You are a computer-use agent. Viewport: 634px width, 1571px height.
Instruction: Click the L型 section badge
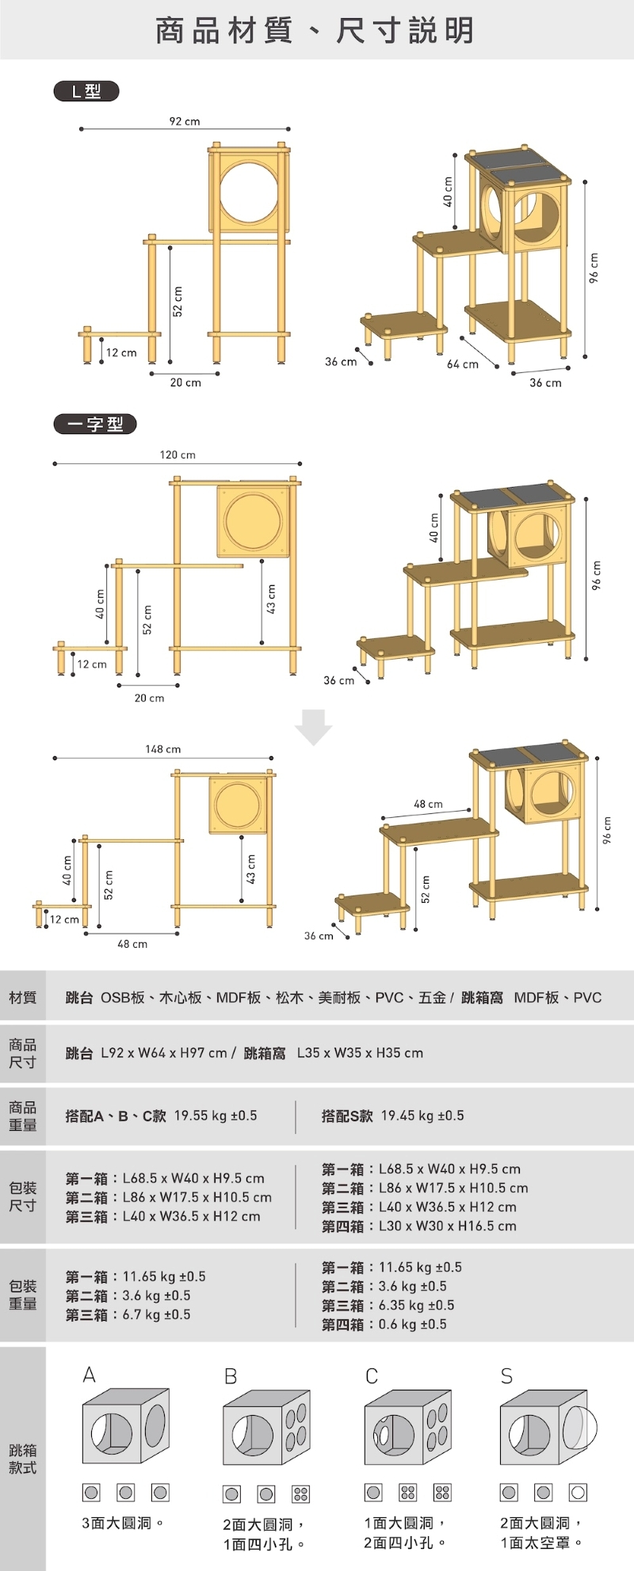pyautogui.click(x=86, y=91)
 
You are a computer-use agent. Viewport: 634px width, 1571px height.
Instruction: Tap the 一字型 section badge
pyautogui.click(x=94, y=424)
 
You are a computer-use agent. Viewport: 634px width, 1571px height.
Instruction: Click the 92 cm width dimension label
pyautogui.click(x=185, y=121)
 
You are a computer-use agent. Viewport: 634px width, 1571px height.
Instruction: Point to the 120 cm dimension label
pyautogui.click(x=178, y=455)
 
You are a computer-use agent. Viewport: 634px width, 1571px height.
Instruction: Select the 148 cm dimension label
pyautogui.click(x=162, y=749)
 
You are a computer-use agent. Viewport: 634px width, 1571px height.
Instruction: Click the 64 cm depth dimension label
pyautogui.click(x=463, y=364)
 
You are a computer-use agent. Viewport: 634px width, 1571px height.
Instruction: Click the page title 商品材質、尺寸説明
pyautogui.click(x=315, y=30)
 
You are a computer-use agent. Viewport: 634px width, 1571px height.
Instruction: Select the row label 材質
pyautogui.click(x=22, y=997)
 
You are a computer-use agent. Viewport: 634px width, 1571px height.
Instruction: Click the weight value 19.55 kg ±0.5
pyautogui.click(x=216, y=1116)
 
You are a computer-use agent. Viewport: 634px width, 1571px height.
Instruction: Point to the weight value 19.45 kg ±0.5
pyautogui.click(x=422, y=1116)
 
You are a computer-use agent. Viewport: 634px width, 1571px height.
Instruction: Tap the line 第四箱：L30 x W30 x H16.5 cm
pyautogui.click(x=419, y=1226)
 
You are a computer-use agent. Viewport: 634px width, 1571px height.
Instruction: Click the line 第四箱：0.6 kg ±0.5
pyautogui.click(x=384, y=1324)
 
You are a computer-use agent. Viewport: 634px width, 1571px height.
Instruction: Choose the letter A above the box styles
pyautogui.click(x=90, y=1375)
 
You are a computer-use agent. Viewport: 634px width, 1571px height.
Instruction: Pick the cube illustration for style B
pyautogui.click(x=266, y=1428)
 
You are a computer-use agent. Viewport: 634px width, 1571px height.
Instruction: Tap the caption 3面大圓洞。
pyautogui.click(x=123, y=1523)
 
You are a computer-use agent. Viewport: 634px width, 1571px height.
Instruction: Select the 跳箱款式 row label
pyautogui.click(x=22, y=1459)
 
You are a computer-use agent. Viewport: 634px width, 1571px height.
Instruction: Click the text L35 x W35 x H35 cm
pyautogui.click(x=360, y=1053)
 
